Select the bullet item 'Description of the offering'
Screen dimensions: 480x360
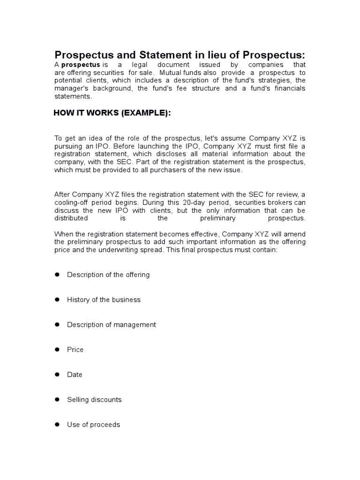pyautogui.click(x=108, y=275)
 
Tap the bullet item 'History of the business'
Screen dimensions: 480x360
pyautogui.click(x=104, y=300)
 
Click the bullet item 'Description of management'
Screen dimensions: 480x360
pyautogui.click(x=112, y=324)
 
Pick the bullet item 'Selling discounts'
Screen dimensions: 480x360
pyautogui.click(x=94, y=399)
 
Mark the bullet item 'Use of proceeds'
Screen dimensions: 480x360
pyautogui.click(x=93, y=425)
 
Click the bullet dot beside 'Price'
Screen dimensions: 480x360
pyautogui.click(x=57, y=349)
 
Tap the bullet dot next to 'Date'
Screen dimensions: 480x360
pyautogui.click(x=57, y=375)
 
